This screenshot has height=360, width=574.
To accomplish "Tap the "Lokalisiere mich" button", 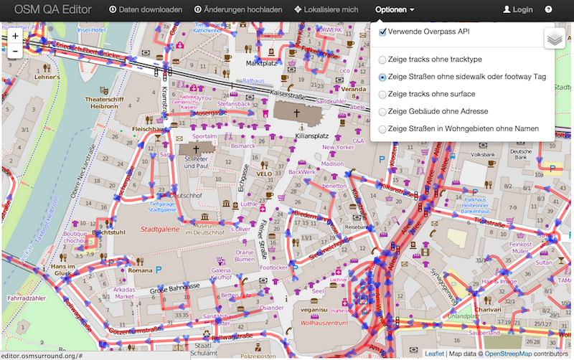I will coord(326,10).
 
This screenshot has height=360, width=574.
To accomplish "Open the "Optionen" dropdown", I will coord(395,10).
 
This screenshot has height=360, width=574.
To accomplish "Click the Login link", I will coord(518,10).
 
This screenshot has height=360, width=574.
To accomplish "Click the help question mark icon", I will coord(548,10).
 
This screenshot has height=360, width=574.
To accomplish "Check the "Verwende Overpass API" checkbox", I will coord(383,32).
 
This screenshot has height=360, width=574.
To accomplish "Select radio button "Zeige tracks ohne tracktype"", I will coord(382,60).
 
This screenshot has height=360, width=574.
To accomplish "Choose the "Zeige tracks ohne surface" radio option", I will coord(382,94).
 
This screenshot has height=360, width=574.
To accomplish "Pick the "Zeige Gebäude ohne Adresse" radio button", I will coord(382,111).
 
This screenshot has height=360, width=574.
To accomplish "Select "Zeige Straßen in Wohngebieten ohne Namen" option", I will coord(382,128).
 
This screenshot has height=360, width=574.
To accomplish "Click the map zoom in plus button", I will coord(15,36).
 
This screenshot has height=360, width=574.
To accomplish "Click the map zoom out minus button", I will coord(15,51).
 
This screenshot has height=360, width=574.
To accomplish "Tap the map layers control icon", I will coord(554,39).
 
